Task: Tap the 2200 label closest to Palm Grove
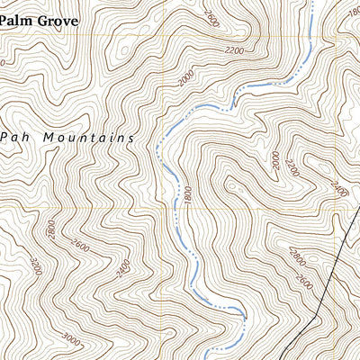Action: pos(236,50)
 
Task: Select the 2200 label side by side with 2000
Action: pos(290,166)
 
